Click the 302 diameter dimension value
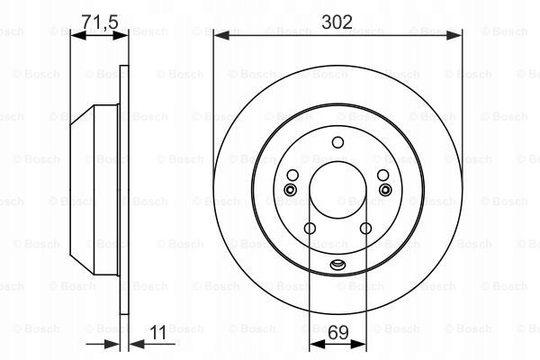[x=337, y=22]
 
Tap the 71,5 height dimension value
[x=100, y=22]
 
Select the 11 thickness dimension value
[x=158, y=332]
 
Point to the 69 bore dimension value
[x=338, y=332]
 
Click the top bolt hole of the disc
[x=337, y=142]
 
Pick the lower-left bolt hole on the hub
[x=310, y=228]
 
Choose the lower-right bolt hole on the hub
[x=365, y=228]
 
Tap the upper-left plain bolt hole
[x=292, y=175]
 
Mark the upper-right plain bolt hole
[x=383, y=175]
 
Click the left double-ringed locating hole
[x=290, y=189]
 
